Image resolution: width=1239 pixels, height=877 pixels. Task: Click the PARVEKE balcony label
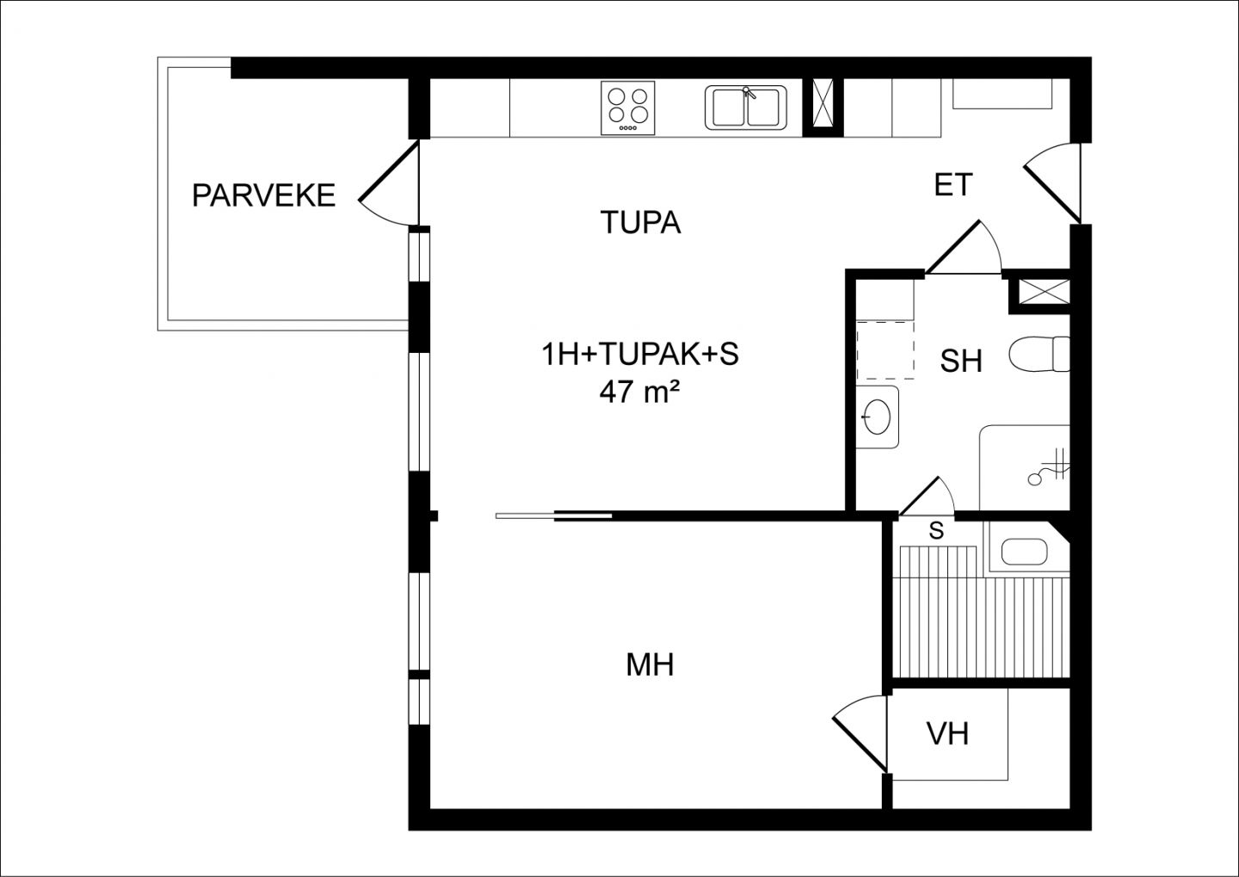[x=264, y=195]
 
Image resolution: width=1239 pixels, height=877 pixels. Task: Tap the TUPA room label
[x=640, y=222]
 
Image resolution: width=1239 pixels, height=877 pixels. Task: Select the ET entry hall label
[x=953, y=185]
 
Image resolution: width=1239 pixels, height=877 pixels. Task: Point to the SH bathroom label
[x=961, y=361]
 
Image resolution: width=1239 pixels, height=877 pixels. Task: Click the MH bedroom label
[x=650, y=665]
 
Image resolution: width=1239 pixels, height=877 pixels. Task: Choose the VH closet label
[x=947, y=734]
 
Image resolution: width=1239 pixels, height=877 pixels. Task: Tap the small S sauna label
[x=936, y=531]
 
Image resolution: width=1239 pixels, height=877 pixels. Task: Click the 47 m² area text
[x=639, y=392]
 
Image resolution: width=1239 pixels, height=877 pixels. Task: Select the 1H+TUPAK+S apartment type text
[x=640, y=355]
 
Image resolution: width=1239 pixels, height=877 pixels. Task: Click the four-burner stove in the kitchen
[x=628, y=108]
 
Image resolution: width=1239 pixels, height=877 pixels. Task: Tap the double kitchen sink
[x=746, y=108]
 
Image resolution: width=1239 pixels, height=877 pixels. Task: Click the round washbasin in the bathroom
[x=877, y=416]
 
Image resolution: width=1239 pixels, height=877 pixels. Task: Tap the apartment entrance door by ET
[x=1051, y=183]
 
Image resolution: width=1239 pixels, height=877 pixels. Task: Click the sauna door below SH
[x=927, y=497]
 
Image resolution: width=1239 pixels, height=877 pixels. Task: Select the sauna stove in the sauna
[x=1024, y=553]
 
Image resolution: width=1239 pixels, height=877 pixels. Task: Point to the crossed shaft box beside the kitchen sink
[x=823, y=108]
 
